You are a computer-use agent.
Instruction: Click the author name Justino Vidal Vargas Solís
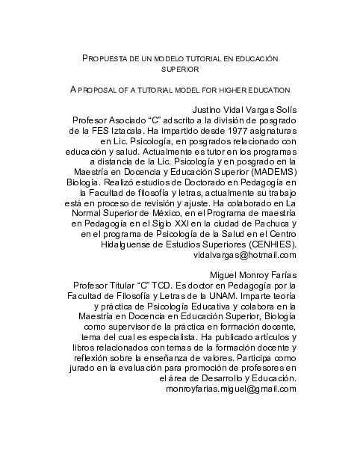(x=244, y=109)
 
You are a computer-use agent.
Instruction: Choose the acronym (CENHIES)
(x=268, y=243)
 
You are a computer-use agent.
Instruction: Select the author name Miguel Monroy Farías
(x=254, y=275)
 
